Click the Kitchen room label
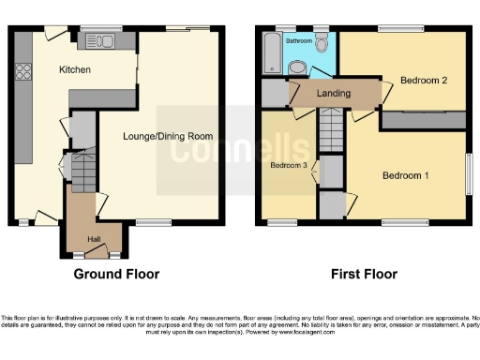coord(74,69)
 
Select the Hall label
coord(94,239)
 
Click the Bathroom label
coord(299,42)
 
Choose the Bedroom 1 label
coord(406,175)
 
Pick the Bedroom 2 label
coord(423,81)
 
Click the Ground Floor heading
coord(116,275)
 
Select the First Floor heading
coord(364,275)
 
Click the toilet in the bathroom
coord(322,42)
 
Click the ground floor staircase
coord(84,170)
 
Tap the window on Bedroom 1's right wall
coord(470,173)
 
